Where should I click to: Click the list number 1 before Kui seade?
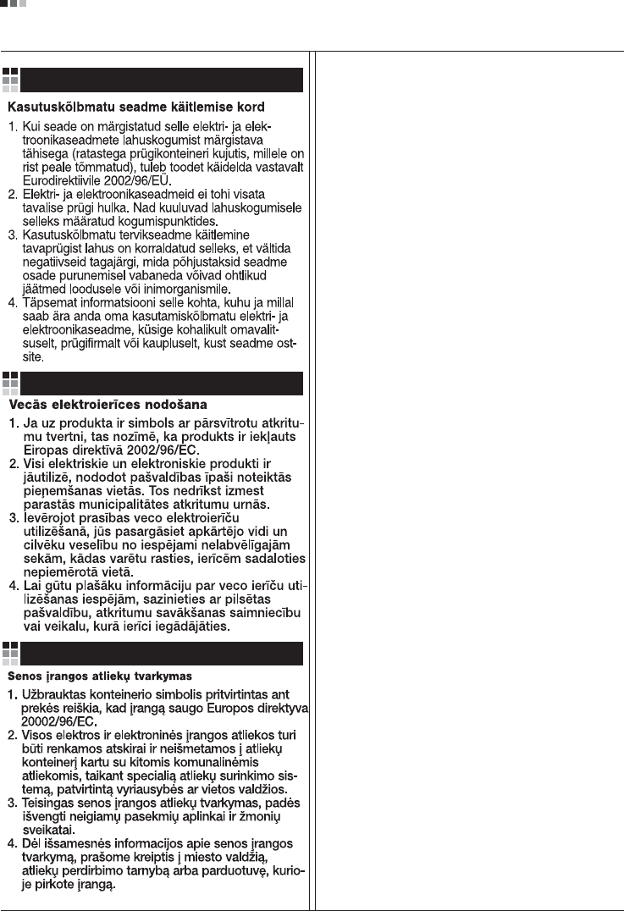pyautogui.click(x=14, y=127)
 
